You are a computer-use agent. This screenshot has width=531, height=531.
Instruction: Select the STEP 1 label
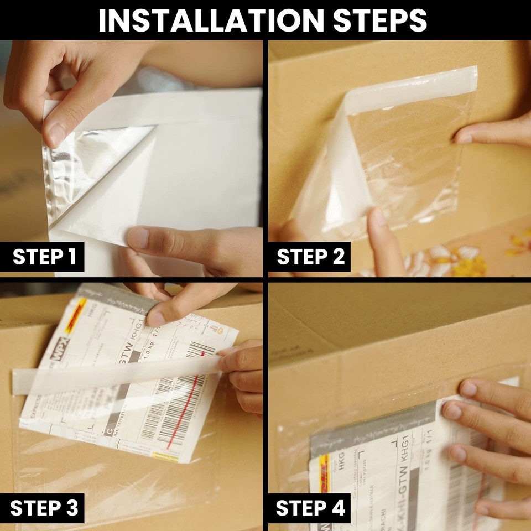[x=44, y=257]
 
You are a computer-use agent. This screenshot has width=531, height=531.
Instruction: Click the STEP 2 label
[x=310, y=257]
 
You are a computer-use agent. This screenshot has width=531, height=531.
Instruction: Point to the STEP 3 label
[x=44, y=507]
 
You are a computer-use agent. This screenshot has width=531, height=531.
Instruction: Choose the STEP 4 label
[x=310, y=507]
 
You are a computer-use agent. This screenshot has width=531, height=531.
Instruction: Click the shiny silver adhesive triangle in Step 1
[x=83, y=166]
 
